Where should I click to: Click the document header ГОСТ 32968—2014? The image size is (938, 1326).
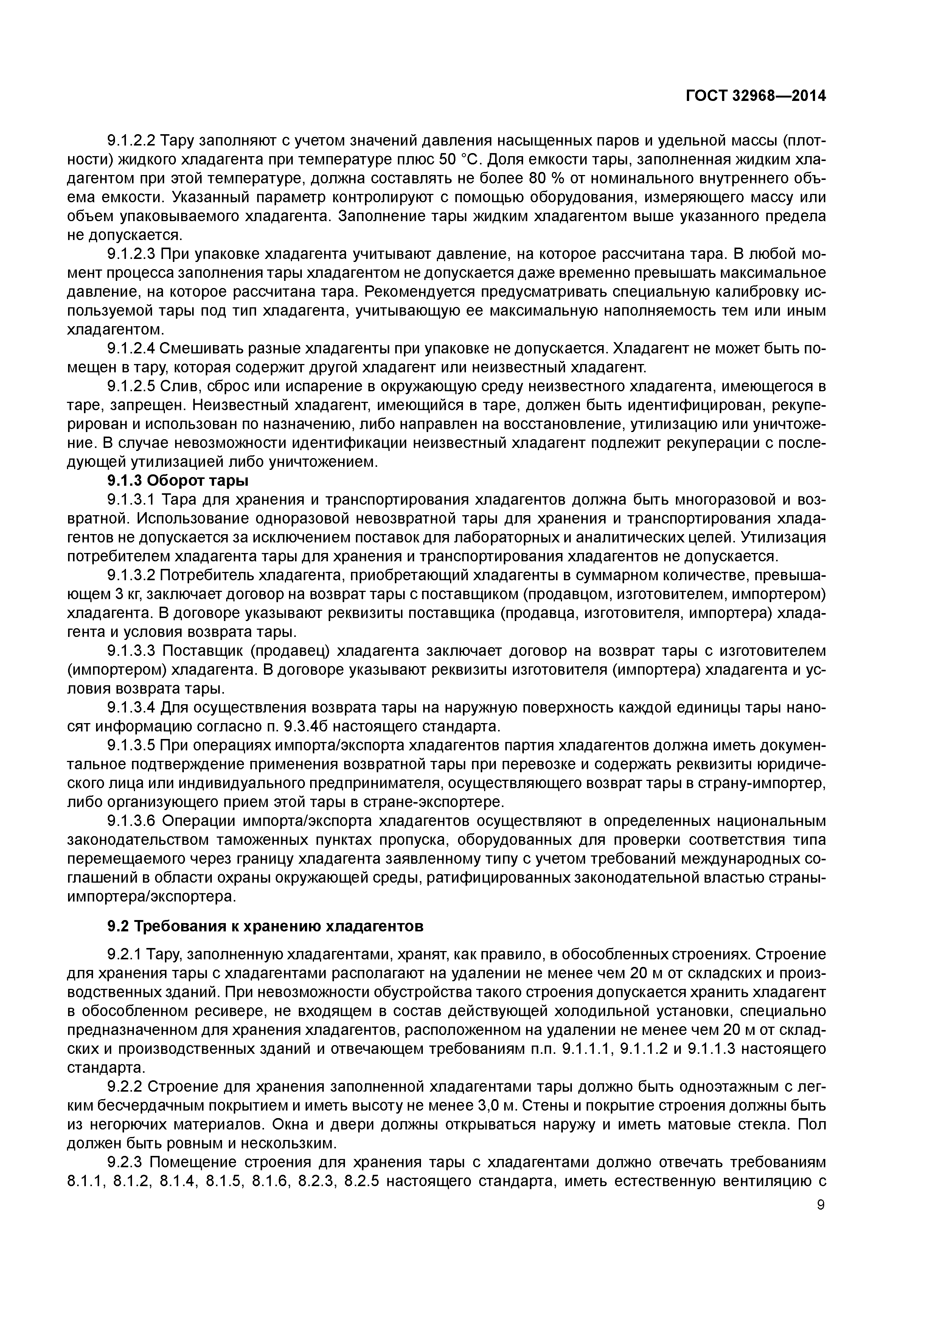756,96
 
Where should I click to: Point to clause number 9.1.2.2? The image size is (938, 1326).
131,140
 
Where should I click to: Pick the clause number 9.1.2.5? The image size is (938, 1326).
131,386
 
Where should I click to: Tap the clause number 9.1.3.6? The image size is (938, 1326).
131,821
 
